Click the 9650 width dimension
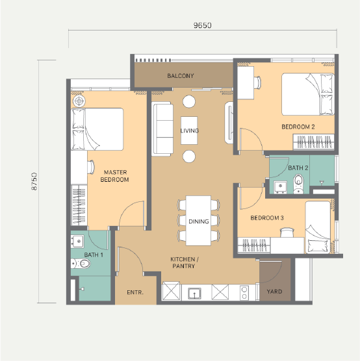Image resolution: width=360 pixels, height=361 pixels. point(202,25)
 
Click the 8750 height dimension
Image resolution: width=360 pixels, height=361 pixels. point(34,181)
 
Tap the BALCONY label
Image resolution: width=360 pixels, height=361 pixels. point(181,76)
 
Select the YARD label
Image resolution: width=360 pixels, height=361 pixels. point(274,292)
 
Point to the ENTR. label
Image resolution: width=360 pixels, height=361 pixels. point(135,292)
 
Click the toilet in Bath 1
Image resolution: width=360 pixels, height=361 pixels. point(81,264)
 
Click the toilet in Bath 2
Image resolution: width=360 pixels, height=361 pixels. point(298,184)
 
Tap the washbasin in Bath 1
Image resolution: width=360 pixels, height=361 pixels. point(77,242)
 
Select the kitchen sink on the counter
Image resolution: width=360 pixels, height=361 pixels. point(194,293)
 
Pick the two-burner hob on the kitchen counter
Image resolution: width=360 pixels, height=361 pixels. point(244,293)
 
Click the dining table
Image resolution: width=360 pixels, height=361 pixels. point(198,221)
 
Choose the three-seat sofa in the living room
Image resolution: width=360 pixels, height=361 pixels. point(162,129)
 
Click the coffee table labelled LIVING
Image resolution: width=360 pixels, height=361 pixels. point(189,131)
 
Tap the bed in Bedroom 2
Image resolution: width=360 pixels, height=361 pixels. point(308,94)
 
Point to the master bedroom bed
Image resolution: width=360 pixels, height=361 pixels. point(97,129)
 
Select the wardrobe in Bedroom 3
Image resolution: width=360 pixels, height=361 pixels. point(254,245)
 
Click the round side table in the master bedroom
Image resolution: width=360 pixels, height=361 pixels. point(79,101)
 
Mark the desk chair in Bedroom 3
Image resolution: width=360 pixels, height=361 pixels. point(287,232)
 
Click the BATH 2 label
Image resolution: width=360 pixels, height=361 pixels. point(298,168)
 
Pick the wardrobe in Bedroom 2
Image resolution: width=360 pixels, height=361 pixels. point(314,142)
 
